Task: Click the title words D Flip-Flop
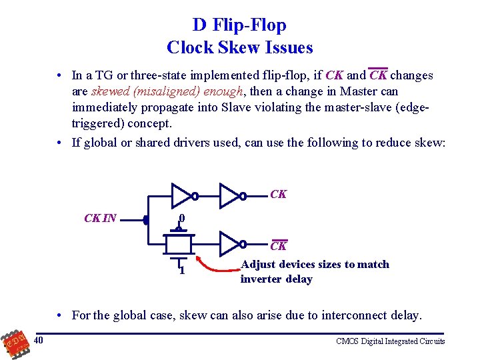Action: tap(239, 25)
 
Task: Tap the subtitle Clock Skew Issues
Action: tap(239, 48)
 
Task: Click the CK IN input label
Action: tap(101, 218)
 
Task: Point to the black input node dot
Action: tap(146, 219)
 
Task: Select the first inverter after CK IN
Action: tap(183, 195)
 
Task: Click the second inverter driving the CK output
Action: tap(231, 195)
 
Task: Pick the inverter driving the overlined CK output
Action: tap(231, 243)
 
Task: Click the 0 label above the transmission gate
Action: tap(181, 218)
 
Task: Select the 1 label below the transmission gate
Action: tap(181, 269)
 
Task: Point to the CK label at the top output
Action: tap(279, 194)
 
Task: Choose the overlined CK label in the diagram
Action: tap(279, 246)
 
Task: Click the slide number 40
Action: tap(39, 341)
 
